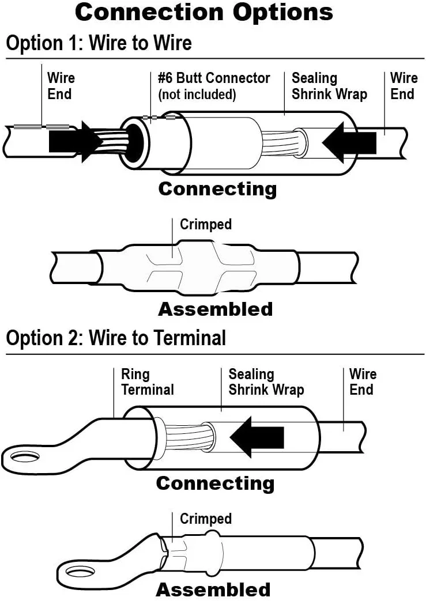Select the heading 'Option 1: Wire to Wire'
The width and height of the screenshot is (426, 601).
tap(99, 43)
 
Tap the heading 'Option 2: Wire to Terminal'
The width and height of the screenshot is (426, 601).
tap(116, 338)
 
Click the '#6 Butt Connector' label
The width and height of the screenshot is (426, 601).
tap(214, 78)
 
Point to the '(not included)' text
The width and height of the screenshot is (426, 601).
tap(197, 94)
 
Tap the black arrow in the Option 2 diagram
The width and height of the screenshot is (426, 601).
tap(257, 437)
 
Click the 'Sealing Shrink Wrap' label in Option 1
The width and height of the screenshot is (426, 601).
tap(329, 86)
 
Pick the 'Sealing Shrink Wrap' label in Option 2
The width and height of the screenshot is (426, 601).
tap(266, 382)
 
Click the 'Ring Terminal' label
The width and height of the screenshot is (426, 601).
tap(147, 382)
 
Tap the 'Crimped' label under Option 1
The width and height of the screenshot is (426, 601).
tap(206, 224)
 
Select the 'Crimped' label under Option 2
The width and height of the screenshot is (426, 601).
tap(206, 519)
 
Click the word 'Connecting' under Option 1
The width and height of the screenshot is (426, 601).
tap(217, 189)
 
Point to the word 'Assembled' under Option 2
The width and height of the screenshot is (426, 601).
tap(213, 590)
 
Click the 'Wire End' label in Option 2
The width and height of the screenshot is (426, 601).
tap(363, 382)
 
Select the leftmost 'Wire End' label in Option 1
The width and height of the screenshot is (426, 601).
tap(61, 86)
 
